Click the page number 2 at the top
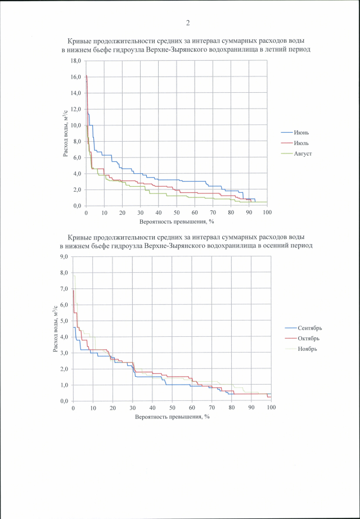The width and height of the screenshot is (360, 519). pyautogui.click(x=188, y=23)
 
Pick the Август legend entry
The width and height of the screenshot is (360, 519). pyautogui.click(x=303, y=152)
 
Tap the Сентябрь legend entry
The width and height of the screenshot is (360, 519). pyautogui.click(x=309, y=328)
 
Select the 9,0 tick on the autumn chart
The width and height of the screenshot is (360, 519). pyautogui.click(x=63, y=256)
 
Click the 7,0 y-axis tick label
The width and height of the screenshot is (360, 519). pyautogui.click(x=63, y=288)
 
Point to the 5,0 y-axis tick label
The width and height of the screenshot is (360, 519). pyautogui.click(x=63, y=321)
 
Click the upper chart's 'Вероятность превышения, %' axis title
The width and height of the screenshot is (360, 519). pyautogui.click(x=176, y=222)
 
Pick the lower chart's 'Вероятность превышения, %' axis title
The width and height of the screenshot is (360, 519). pyautogui.click(x=172, y=417)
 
